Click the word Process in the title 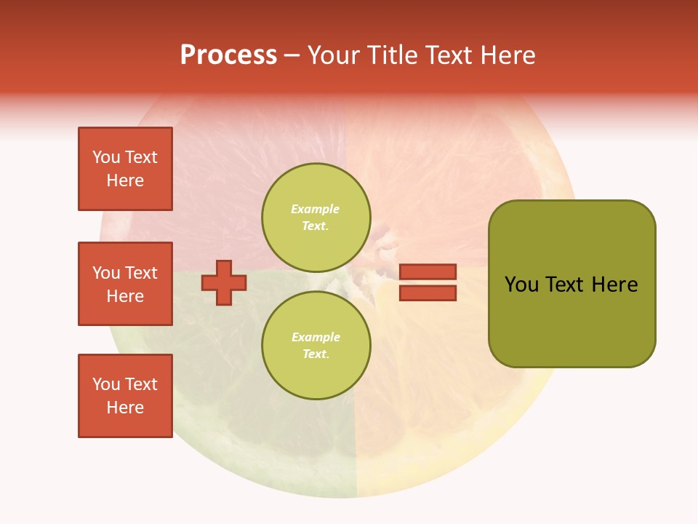(228, 55)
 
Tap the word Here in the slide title (506, 55)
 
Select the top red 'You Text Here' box (125, 169)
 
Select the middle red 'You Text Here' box (125, 284)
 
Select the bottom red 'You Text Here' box (125, 396)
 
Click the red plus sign (224, 282)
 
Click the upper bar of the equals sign (428, 272)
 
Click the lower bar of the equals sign (428, 293)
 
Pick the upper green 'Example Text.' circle (316, 218)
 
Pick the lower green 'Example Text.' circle (316, 346)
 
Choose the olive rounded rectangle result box (571, 284)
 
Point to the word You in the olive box (521, 285)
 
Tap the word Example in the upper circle (316, 209)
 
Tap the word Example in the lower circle (316, 337)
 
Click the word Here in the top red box (125, 180)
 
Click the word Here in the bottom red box (125, 408)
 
